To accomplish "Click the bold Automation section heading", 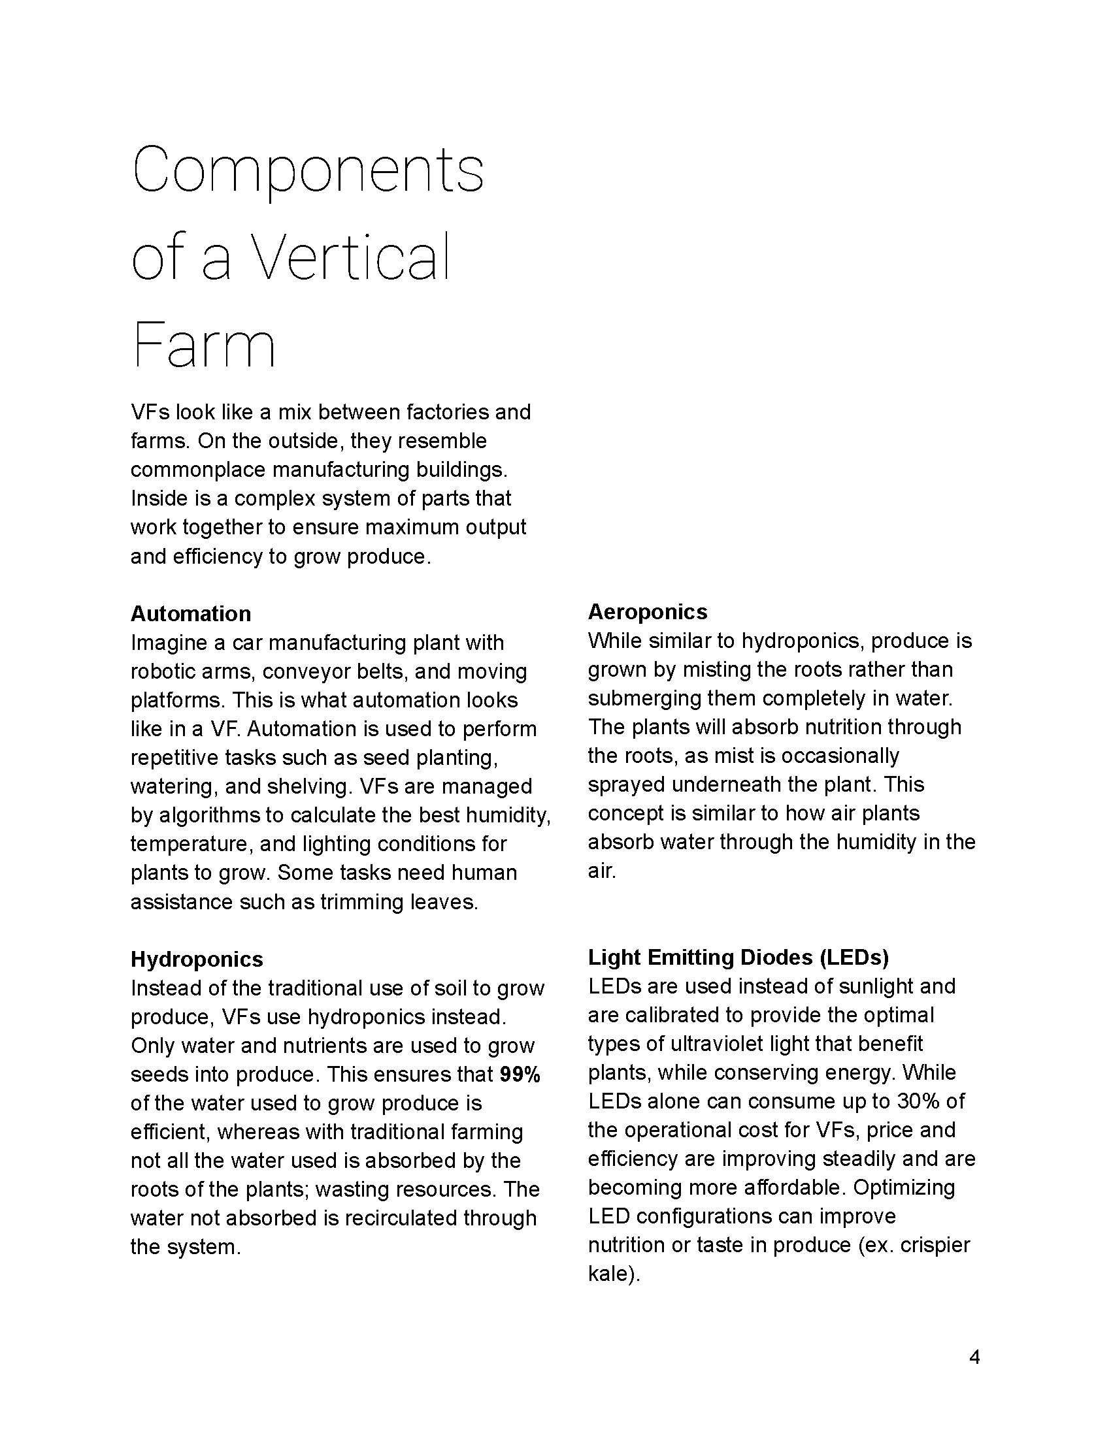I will (191, 613).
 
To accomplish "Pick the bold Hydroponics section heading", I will (197, 959).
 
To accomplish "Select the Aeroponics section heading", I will (648, 611).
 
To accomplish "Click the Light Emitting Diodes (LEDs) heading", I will (738, 957).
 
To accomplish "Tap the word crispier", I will (935, 1245).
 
